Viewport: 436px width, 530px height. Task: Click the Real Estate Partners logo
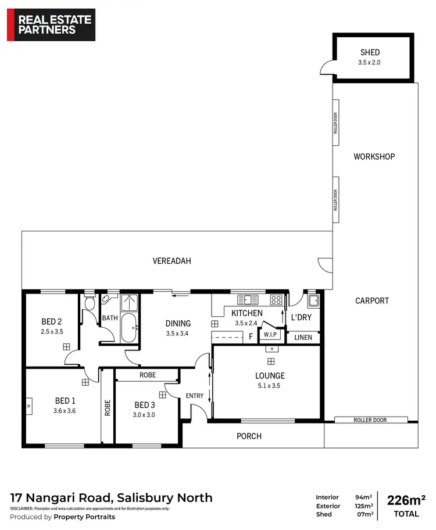click(x=51, y=24)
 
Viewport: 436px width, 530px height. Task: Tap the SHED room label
click(x=370, y=53)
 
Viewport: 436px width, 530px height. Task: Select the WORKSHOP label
click(x=374, y=157)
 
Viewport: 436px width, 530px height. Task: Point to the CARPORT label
click(x=371, y=301)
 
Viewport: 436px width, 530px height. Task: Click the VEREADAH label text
click(x=171, y=262)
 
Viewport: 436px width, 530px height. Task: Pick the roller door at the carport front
click(x=370, y=420)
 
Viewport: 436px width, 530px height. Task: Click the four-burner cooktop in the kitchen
click(x=276, y=300)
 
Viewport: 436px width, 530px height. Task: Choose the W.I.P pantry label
click(x=270, y=335)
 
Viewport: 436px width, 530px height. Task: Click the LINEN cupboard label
click(x=303, y=338)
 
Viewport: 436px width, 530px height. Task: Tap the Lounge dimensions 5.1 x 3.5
click(x=270, y=385)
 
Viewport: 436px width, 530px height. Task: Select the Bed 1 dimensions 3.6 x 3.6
click(x=65, y=411)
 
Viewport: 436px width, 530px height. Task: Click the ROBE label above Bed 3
click(x=147, y=375)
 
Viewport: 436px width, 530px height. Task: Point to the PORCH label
click(x=249, y=436)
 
